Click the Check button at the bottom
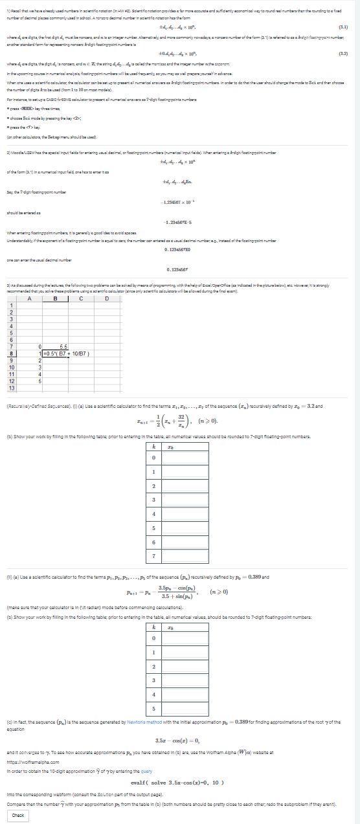click(x=18, y=816)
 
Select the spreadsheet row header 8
click(x=10, y=353)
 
